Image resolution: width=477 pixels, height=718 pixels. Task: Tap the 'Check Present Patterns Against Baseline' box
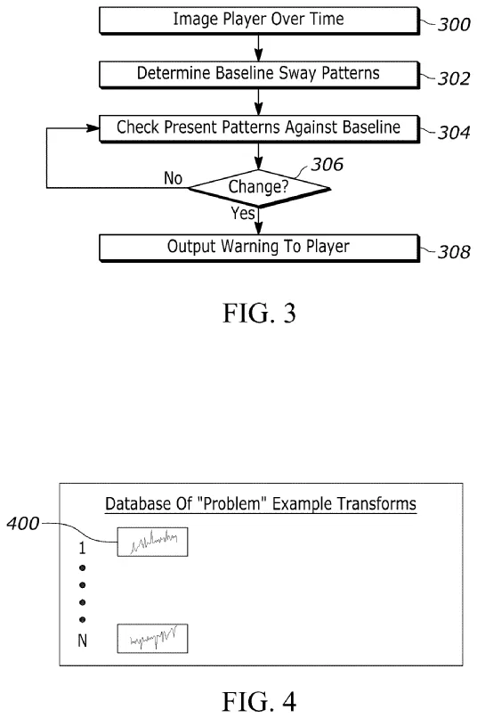(257, 127)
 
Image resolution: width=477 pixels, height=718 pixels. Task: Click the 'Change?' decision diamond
(257, 188)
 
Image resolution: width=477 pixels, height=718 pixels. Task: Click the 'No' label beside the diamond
(172, 179)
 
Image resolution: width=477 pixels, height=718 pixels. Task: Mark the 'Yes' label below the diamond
(244, 214)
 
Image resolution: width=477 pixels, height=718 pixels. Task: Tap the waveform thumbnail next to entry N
(152, 640)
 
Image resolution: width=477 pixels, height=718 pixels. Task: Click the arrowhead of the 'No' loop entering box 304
(92, 127)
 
